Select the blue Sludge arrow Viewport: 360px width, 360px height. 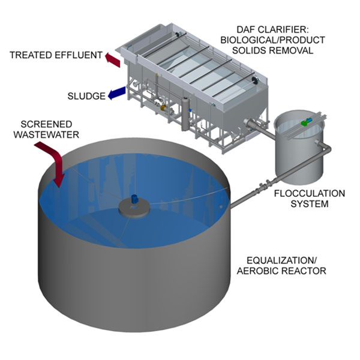[117, 94]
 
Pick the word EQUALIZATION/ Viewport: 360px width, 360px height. [286, 261]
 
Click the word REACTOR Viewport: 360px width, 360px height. [305, 271]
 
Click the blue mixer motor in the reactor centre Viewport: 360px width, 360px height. [134, 198]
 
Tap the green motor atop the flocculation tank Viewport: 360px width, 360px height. [306, 122]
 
